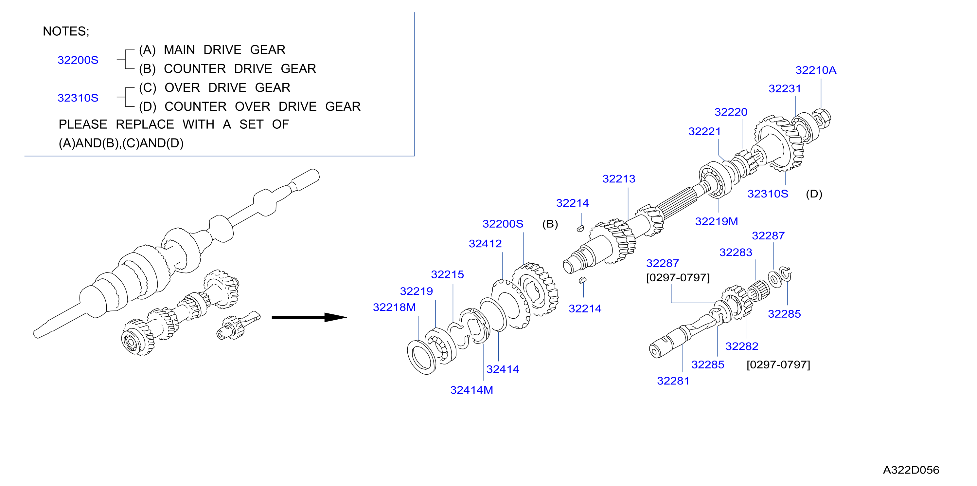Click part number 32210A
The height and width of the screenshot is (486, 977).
(x=815, y=70)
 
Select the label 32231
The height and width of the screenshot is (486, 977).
(x=785, y=89)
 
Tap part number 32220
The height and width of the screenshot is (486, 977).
(x=731, y=112)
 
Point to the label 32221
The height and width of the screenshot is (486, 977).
(x=704, y=131)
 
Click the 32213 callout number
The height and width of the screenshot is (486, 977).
(x=619, y=179)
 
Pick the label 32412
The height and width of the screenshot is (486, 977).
(x=485, y=244)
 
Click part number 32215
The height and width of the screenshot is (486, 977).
(x=447, y=274)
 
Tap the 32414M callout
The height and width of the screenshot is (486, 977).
(x=471, y=390)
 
